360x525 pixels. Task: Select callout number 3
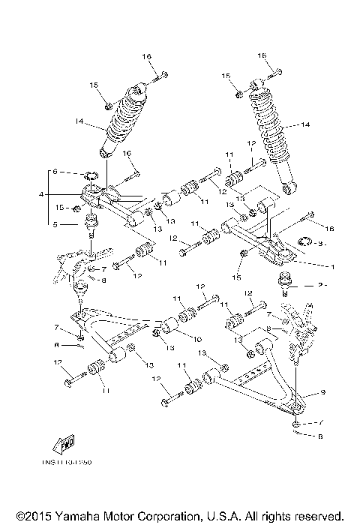320,243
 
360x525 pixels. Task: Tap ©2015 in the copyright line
23,516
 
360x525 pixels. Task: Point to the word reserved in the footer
314,516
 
